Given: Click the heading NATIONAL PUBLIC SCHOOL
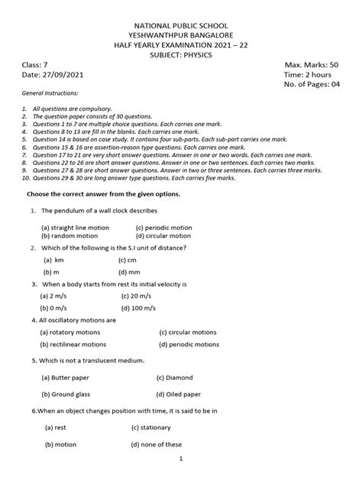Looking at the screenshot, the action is point(181,24).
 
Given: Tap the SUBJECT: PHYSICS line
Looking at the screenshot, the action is point(181,56).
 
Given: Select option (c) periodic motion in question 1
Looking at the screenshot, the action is point(163,227).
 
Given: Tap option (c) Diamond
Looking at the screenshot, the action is point(175,377).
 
